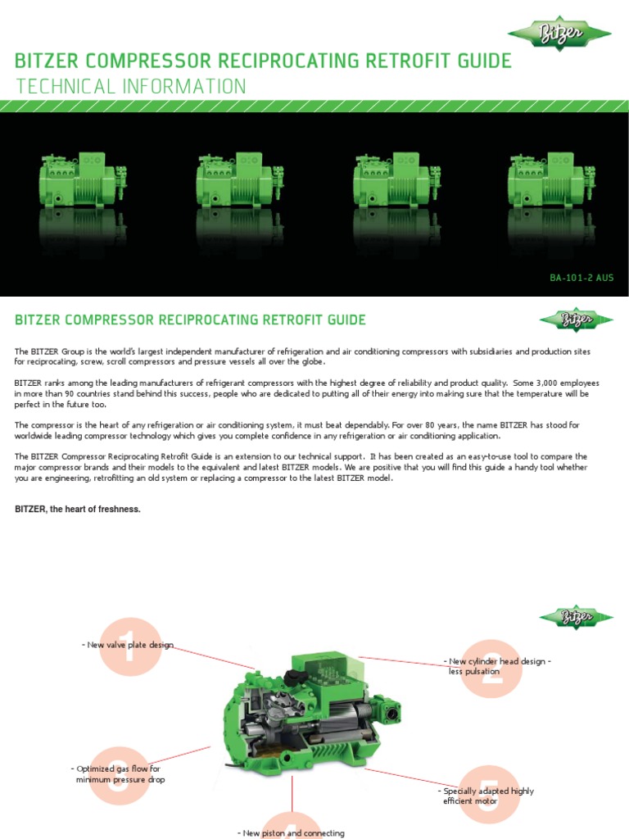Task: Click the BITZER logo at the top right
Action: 559,34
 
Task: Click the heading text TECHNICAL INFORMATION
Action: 130,87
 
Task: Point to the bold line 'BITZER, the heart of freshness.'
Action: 78,510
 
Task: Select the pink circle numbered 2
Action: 491,668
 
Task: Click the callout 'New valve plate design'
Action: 129,645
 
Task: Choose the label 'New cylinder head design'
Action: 497,661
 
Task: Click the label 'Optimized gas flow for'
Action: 118,769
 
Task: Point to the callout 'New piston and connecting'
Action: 292,832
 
